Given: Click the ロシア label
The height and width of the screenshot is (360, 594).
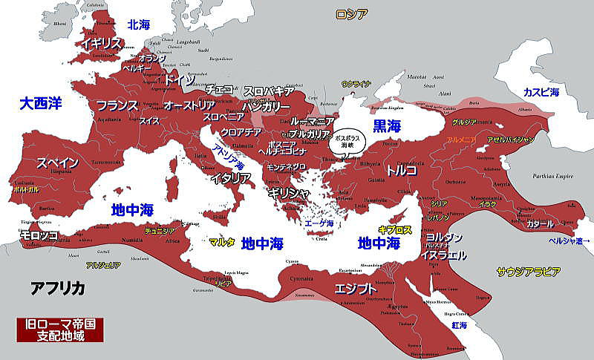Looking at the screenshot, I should (351, 13).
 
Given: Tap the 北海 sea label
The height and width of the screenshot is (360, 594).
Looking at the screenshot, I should (138, 24).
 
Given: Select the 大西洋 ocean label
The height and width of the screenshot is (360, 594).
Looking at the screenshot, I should (41, 103).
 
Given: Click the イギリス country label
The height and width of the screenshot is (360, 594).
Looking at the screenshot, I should (102, 43).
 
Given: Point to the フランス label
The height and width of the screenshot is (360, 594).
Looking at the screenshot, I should (117, 105).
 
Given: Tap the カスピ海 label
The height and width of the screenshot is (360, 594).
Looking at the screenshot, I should (541, 91).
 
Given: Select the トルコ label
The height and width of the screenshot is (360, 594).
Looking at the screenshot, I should (401, 170).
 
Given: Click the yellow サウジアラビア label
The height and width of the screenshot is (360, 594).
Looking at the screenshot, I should (528, 272).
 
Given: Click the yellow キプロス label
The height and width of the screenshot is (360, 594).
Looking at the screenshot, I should (394, 230).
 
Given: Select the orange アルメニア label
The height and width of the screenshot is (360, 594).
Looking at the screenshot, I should (462, 140).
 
